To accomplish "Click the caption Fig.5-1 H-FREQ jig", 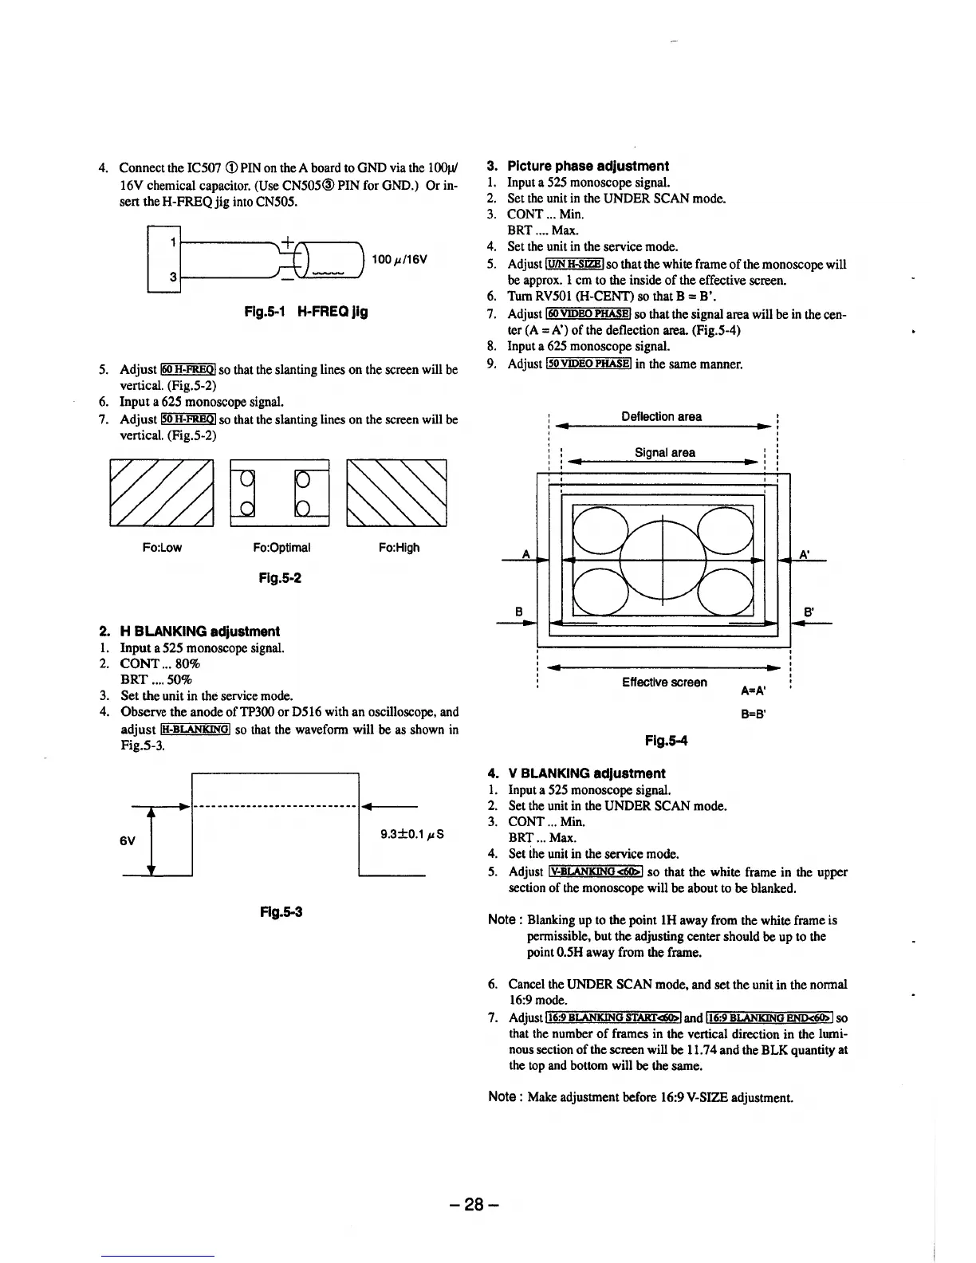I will (306, 312).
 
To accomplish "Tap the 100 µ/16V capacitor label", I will (400, 259).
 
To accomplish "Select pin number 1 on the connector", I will (173, 240).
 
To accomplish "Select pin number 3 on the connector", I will (173, 277).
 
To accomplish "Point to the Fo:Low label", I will (162, 548).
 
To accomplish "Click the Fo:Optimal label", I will (281, 548).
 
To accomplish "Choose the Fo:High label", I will (399, 548).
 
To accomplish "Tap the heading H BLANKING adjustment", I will (199, 631).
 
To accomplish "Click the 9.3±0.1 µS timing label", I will (411, 835).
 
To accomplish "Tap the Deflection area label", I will (662, 416).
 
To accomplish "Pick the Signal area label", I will (664, 452).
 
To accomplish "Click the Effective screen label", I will (664, 683).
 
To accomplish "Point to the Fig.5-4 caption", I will (666, 742).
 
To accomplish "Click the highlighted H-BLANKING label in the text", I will (195, 729).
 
